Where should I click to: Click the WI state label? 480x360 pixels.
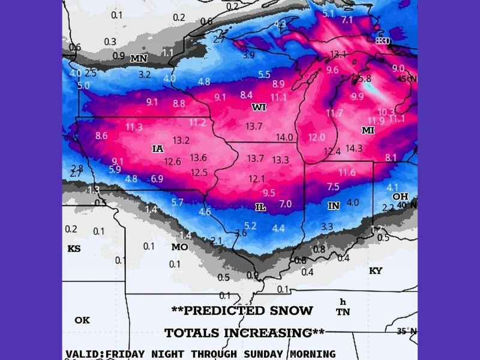pos(259,107)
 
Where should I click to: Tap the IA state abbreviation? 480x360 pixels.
pos(158,148)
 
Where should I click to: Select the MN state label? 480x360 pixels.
pos(139,59)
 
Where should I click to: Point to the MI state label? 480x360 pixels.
pos(368,130)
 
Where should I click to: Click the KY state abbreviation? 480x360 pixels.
pos(375,271)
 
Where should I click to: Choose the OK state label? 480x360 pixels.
pos(82,320)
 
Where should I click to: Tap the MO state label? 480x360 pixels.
pos(179,247)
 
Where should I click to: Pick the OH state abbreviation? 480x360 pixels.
pos(400,197)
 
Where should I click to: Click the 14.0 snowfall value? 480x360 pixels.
pos(284,137)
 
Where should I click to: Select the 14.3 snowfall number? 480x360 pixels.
pos(354,148)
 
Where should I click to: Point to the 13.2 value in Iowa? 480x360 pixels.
pos(181,140)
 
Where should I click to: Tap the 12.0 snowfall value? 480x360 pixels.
pos(316,138)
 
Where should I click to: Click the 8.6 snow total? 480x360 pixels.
pos(101,136)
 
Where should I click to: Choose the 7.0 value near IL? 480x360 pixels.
pos(286,205)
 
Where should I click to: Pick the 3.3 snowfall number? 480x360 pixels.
pos(327,227)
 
